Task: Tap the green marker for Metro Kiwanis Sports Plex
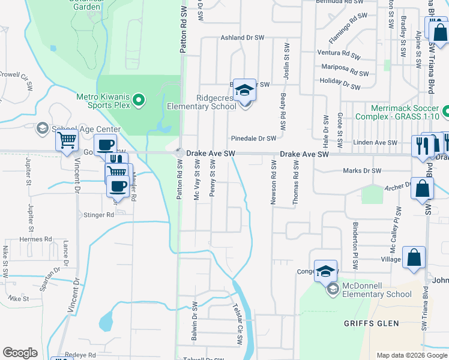[139, 100]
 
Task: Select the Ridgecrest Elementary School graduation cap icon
[244, 90]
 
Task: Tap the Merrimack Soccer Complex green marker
[446, 112]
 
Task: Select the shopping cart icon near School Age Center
[67, 141]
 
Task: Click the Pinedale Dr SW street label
[255, 139]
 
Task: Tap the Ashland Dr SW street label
[243, 37]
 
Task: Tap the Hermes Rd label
[35, 239]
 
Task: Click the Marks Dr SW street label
[362, 171]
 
